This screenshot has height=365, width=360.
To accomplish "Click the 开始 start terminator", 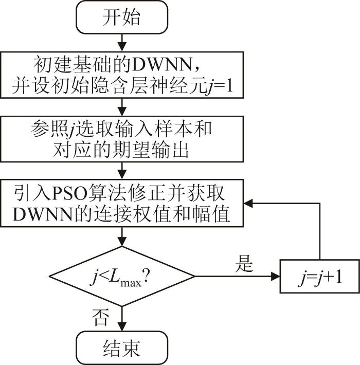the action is coord(122,17).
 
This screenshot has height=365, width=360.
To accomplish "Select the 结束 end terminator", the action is coord(122,348).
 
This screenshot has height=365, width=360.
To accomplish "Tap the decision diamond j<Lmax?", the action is coord(122,276).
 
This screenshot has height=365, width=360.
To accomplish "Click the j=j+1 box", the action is coord(319,276).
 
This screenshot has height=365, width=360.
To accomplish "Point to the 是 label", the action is coord(244,264).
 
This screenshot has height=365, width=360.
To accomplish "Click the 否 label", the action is coord(101,317).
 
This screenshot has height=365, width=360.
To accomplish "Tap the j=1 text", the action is coord(220,86).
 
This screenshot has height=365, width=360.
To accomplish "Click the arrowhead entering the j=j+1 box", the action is coord(276,276).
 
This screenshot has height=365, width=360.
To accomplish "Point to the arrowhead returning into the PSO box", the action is coord(248,204).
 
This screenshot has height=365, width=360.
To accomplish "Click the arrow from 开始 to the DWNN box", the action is coord(122,43).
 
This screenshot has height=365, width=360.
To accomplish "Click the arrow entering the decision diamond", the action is coord(122,237).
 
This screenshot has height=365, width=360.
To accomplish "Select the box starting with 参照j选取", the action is coord(122,139).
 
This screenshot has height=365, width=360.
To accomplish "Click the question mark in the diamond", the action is coord(146,276).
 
